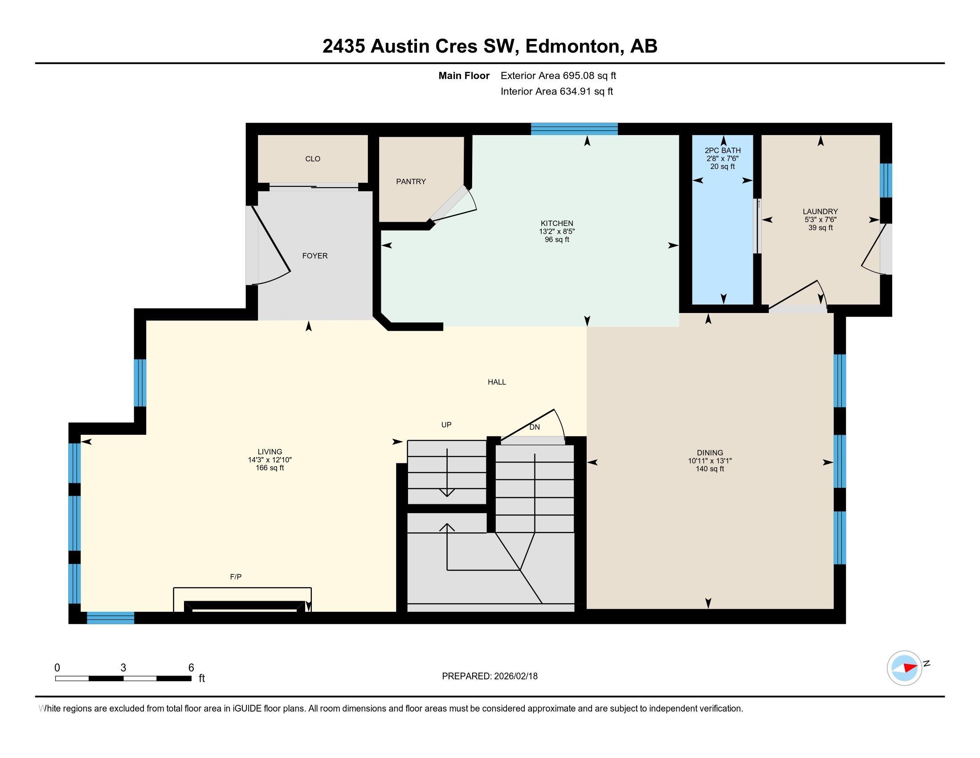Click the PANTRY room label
tap(411, 181)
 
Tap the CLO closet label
tap(313, 159)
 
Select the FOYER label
tap(314, 255)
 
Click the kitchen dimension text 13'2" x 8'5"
tap(556, 232)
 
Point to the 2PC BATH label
tap(723, 150)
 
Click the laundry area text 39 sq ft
tap(820, 228)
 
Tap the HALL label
tap(497, 382)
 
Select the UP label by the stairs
tap(446, 425)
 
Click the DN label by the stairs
tap(534, 427)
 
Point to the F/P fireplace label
tap(236, 577)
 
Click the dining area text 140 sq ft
tap(710, 469)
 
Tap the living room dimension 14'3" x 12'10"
tap(269, 460)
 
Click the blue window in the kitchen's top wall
tap(574, 129)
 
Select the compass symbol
tap(904, 668)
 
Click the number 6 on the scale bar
tap(191, 668)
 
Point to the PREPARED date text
tap(490, 676)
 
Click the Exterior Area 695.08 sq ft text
tap(558, 75)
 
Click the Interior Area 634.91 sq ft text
tap(556, 91)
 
